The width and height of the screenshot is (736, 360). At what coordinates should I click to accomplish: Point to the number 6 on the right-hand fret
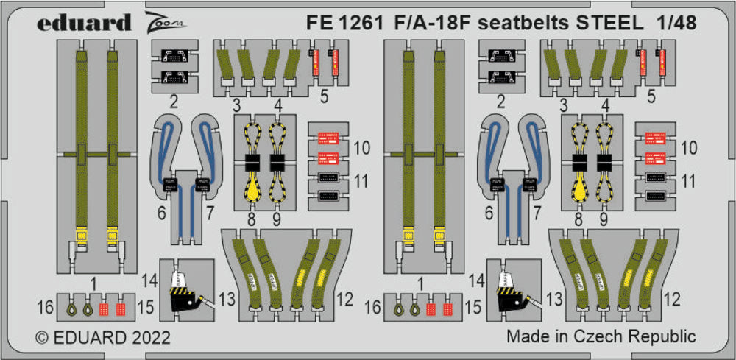[x=487, y=214]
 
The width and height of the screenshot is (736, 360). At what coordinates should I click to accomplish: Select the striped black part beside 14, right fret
[x=512, y=299]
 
